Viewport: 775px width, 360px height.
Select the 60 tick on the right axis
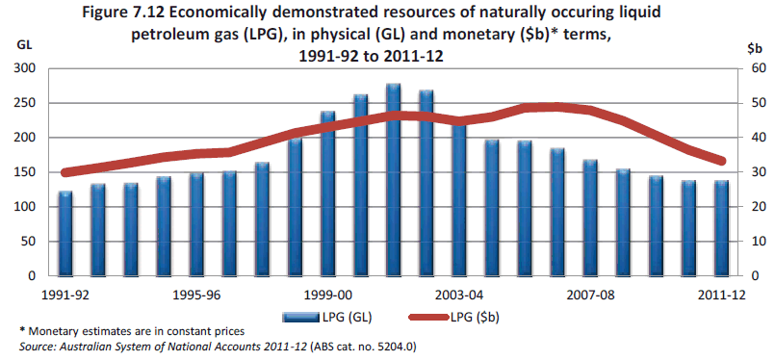pos(758,68)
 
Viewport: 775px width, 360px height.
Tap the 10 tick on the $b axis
pos(758,242)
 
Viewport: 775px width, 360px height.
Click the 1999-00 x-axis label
pos(327,295)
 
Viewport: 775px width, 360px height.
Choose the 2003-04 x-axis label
pos(458,295)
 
